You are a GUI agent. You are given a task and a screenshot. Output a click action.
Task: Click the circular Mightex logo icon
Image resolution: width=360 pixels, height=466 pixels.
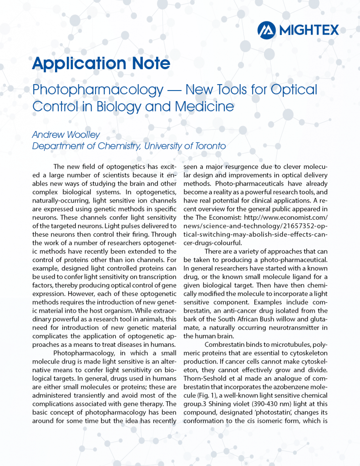point(267,30)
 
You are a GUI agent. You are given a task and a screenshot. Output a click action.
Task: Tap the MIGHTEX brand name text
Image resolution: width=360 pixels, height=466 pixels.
point(309,30)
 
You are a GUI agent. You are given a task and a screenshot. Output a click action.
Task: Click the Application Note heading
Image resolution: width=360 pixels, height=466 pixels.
point(101,64)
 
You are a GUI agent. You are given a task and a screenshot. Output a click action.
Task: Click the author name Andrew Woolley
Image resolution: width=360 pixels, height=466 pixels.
point(66,135)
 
